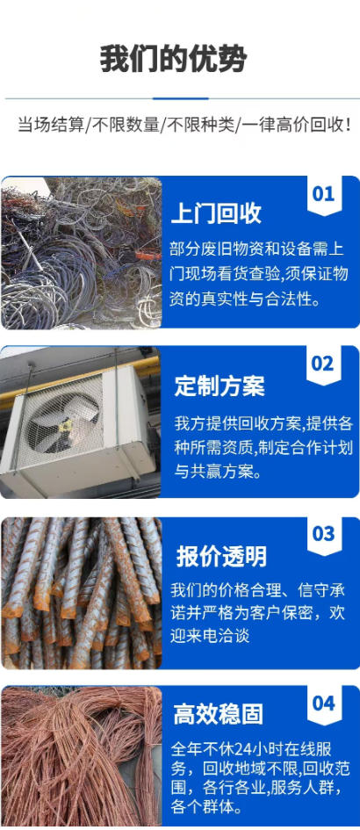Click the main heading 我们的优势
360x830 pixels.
174,59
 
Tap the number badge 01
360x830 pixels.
323,194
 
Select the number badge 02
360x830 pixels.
323,364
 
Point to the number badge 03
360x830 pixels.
323,534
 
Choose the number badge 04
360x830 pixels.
323,704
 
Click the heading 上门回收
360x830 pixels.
216,213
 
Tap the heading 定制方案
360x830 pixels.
220,386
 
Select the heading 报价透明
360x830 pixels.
221,557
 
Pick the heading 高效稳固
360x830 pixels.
218,714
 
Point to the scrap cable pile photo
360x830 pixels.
81,253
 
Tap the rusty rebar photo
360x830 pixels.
81,593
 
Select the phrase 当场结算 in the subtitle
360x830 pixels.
51,126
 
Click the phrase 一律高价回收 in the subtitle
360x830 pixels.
294,126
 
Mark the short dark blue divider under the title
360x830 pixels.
181,98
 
